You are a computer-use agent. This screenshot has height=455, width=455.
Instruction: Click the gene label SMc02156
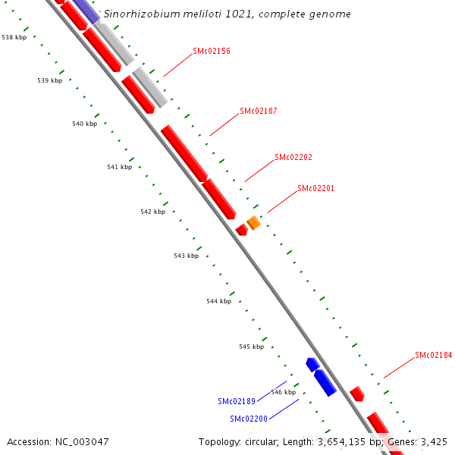pos(212,51)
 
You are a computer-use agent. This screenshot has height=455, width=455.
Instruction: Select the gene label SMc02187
pos(259,111)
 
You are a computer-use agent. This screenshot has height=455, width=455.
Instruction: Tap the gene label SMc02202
pos(293,157)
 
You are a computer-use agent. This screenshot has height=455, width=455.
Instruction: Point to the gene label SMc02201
pos(316,188)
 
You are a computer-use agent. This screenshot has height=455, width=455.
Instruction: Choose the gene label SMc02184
pos(434,355)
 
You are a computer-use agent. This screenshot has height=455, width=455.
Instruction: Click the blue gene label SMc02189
pos(237,401)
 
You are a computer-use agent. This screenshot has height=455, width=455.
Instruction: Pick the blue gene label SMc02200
pos(249,419)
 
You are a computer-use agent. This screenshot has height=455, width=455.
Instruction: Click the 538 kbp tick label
pos(14,36)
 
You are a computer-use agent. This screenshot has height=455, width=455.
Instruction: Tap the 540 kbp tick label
pos(85,124)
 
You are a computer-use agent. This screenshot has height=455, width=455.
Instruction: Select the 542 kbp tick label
pos(152,212)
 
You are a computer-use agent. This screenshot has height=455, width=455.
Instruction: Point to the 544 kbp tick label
pos(218,301)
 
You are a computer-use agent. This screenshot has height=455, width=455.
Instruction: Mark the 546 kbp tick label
pos(283,392)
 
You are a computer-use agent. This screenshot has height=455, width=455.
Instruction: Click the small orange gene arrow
pos(254,223)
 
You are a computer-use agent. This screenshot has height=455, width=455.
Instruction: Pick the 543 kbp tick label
pos(186,256)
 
